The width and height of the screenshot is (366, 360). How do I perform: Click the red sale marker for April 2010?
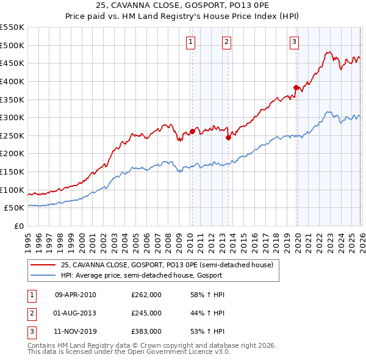(192, 131)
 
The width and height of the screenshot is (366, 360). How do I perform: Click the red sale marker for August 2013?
(228, 137)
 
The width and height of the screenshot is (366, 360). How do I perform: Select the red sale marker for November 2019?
(296, 87)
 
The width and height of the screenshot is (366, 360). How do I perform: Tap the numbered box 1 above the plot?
(191, 41)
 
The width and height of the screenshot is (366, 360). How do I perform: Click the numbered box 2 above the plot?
(226, 41)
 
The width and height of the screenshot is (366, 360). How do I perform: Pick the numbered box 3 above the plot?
(294, 41)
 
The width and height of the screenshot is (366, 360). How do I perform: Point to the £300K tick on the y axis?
(12, 117)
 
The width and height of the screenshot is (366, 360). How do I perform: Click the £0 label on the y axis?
(18, 226)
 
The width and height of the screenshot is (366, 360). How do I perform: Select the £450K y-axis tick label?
(12, 63)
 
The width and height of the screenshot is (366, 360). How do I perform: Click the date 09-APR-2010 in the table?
(76, 295)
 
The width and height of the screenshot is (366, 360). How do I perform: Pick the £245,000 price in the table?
(146, 313)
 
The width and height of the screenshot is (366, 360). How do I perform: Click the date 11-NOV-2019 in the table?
(76, 331)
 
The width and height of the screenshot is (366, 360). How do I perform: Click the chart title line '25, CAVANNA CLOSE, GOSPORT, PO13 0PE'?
(183, 6)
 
